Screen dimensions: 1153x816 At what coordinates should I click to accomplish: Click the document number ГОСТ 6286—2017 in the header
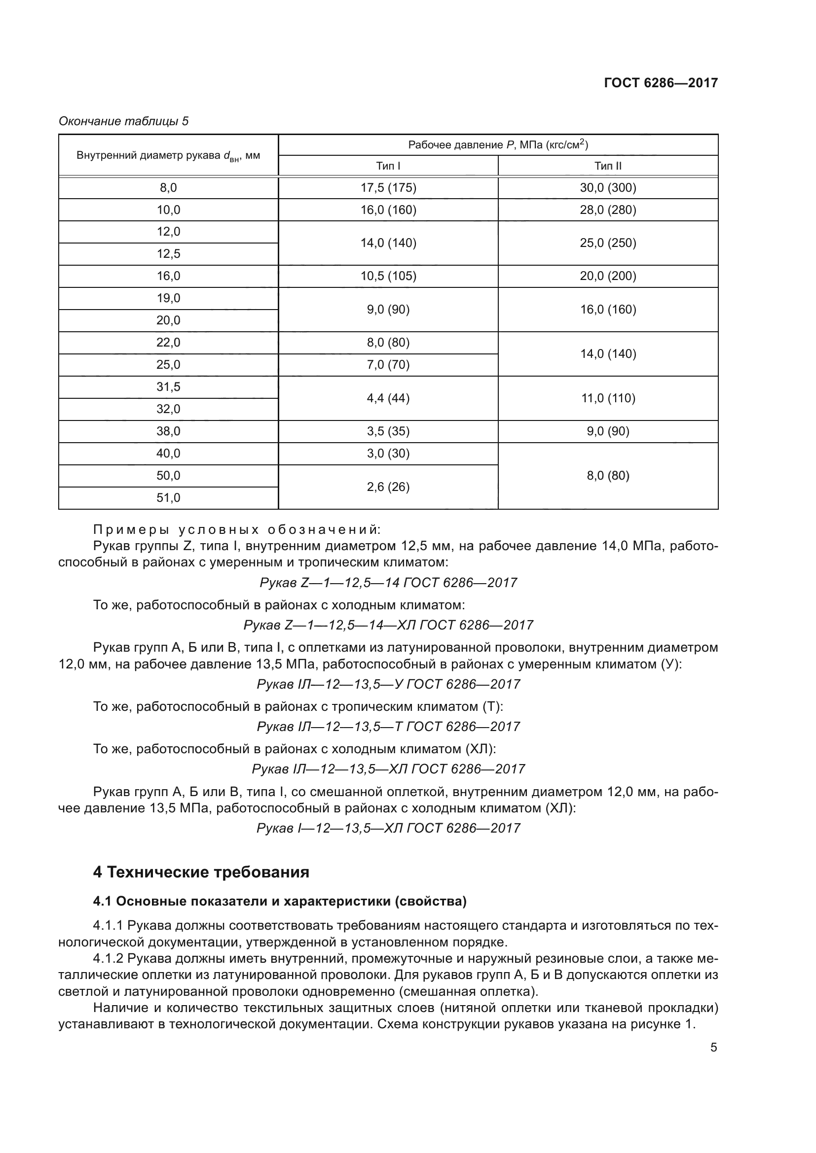661,83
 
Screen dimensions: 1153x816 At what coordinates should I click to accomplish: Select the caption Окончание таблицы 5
124,121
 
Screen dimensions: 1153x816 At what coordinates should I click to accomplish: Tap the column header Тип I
388,166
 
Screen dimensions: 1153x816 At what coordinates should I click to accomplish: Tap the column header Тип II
608,166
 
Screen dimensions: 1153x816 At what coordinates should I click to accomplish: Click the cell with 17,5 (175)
388,188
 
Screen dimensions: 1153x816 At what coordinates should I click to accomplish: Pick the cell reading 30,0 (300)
608,188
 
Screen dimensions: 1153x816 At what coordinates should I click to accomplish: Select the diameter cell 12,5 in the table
168,254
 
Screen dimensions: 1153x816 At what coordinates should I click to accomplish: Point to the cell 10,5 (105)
388,276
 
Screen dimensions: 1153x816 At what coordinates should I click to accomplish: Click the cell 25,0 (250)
608,243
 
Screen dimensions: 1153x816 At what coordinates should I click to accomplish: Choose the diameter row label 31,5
168,387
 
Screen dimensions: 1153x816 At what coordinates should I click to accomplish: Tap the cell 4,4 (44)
388,398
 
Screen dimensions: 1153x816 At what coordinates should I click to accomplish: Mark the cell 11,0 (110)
608,398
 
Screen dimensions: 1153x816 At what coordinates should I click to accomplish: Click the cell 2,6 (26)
388,487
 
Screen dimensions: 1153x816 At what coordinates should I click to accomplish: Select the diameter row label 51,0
168,498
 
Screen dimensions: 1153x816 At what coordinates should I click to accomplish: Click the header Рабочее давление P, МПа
497,145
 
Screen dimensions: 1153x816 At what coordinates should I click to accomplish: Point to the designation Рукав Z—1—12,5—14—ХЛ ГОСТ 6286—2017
388,625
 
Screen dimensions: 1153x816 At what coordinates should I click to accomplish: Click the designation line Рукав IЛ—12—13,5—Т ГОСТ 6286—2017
388,727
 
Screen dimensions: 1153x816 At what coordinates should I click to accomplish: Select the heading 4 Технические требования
201,873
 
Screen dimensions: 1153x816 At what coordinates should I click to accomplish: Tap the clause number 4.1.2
108,959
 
